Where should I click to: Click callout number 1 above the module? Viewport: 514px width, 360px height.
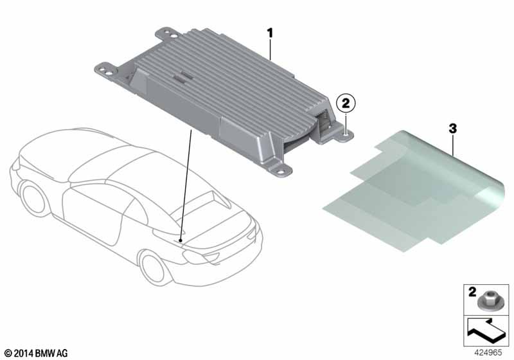(x=270, y=33)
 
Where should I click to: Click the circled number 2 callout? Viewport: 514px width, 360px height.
(x=346, y=104)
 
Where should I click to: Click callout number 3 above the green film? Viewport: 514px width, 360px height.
(x=452, y=129)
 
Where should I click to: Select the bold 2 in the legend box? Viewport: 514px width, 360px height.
(x=472, y=291)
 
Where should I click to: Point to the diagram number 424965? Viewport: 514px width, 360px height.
(x=488, y=352)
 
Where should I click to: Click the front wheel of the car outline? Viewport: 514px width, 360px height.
(x=33, y=199)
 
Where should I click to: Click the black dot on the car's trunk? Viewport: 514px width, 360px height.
(x=181, y=241)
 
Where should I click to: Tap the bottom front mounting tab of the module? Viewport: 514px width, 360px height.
(x=279, y=170)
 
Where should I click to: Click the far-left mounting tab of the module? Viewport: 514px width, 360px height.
(x=107, y=70)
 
